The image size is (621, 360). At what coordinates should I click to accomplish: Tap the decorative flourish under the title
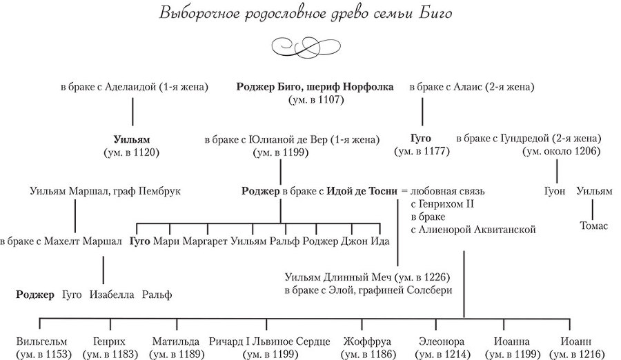tap(310, 48)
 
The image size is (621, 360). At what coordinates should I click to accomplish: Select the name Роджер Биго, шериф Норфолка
tap(315, 87)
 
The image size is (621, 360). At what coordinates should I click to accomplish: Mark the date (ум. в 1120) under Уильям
tap(131, 151)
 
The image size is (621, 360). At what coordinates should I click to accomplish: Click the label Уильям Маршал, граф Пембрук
tap(106, 191)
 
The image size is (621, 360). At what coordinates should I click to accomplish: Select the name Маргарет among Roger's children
tap(205, 241)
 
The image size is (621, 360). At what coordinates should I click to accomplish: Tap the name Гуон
tap(554, 191)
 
